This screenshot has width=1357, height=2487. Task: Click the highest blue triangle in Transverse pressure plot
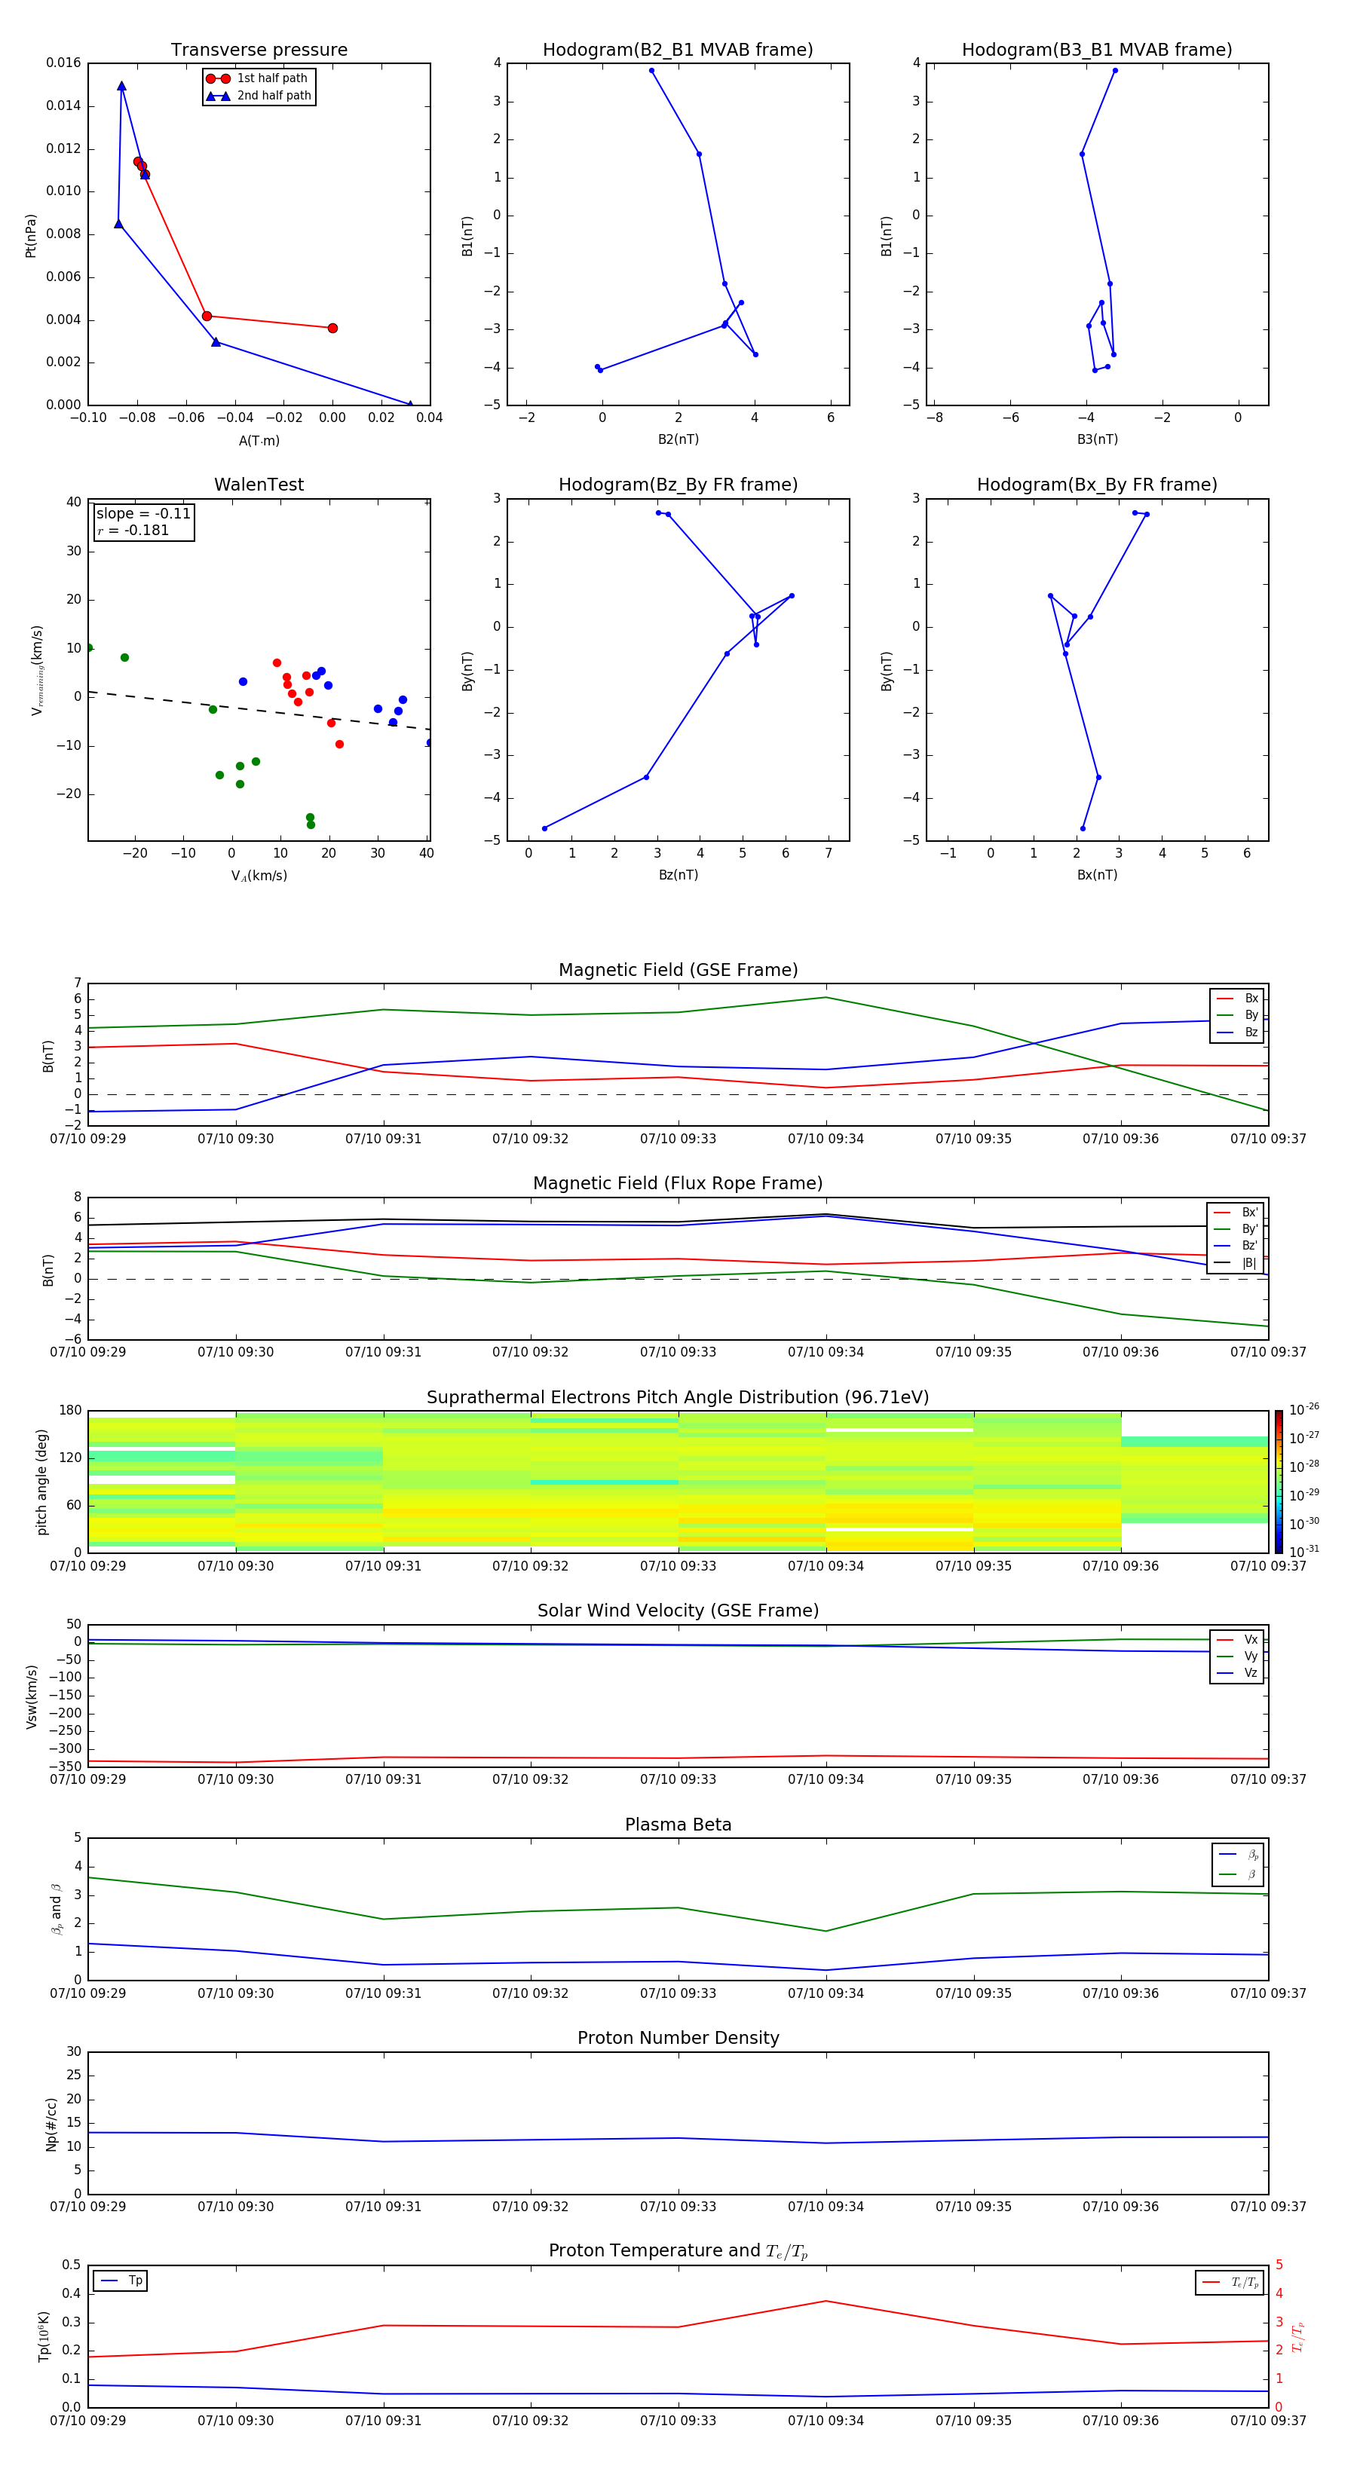point(121,86)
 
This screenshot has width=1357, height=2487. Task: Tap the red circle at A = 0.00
point(332,329)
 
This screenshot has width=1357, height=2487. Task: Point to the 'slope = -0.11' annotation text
point(143,514)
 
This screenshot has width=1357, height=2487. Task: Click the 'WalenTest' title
point(259,485)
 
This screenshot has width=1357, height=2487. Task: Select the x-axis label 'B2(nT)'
point(678,439)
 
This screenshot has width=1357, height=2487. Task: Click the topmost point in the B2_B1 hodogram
point(652,71)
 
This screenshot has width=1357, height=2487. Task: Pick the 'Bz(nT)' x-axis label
point(678,875)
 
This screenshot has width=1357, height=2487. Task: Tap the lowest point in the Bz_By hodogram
point(545,828)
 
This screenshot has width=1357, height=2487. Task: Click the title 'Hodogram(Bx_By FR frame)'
point(1096,485)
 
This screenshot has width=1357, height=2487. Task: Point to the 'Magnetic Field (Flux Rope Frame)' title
point(677,1184)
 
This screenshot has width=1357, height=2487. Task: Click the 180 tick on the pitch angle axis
point(71,1411)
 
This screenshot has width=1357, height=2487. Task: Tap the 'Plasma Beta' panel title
point(677,1825)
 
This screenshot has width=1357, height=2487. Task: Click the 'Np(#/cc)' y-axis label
point(51,2124)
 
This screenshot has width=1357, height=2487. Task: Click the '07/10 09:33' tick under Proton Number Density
point(678,2206)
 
